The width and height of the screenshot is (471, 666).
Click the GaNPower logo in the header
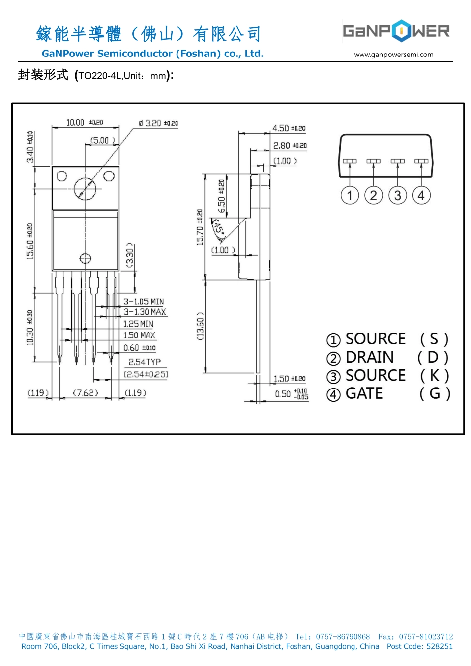pos(396,31)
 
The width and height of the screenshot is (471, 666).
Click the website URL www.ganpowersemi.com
pos(394,55)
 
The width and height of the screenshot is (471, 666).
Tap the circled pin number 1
pos(350,195)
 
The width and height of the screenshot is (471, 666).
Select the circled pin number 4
pos(421,195)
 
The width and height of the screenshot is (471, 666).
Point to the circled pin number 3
pos(398,195)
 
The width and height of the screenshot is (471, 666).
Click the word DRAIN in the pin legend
pos(369,357)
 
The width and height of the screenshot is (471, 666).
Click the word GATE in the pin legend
pos(364,393)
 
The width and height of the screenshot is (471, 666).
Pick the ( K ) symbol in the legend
pos(434,376)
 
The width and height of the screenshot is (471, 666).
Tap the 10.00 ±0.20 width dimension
pos(85,122)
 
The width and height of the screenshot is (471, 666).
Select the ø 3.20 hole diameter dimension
pos(158,123)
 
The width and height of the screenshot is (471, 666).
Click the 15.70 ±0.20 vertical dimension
pos(200,227)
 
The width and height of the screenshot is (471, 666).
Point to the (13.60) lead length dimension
pos(200,326)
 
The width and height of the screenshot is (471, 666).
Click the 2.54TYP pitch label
pos(144,362)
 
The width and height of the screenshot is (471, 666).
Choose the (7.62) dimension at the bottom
pos(85,393)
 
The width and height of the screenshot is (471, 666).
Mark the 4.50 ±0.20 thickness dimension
pos(289,128)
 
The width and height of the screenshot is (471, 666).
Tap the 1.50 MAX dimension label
pos(139,335)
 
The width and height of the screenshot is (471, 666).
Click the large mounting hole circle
pos(87,188)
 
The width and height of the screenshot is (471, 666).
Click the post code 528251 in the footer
pos(439,646)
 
